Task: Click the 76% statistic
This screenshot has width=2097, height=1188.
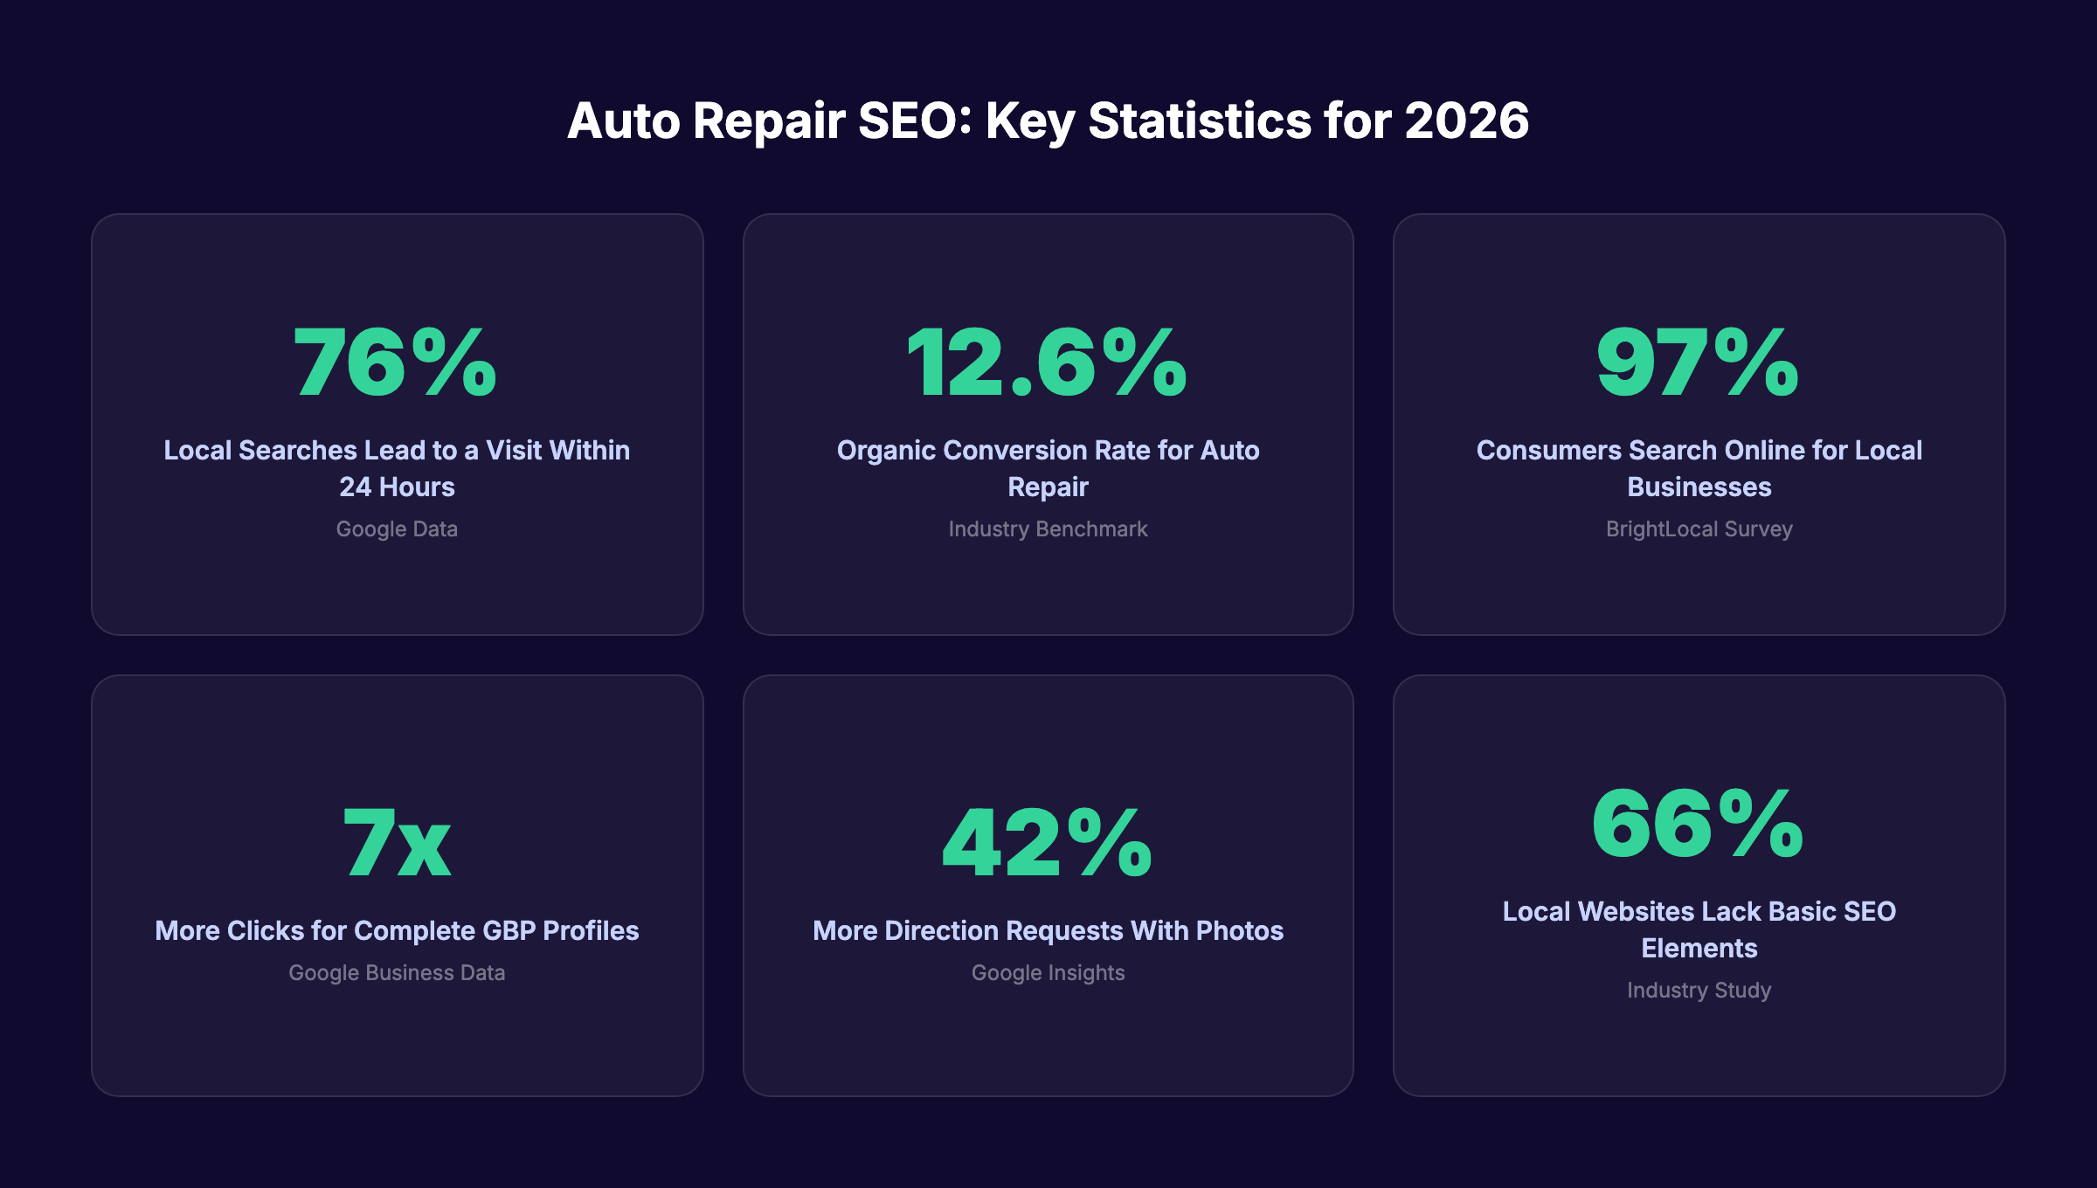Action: (x=396, y=363)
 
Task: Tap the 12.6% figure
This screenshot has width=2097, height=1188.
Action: (x=1047, y=363)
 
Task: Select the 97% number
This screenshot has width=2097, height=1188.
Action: (x=1698, y=363)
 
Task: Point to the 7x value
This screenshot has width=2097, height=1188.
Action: (x=397, y=843)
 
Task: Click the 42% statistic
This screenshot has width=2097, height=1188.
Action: (x=1047, y=843)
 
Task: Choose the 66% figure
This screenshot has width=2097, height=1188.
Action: (x=1698, y=824)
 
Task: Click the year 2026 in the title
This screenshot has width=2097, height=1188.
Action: (x=1466, y=121)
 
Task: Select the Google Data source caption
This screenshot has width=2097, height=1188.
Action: (x=397, y=529)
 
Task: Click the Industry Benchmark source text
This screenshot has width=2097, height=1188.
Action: (x=1048, y=529)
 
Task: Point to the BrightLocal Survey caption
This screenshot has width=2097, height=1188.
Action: (x=1699, y=529)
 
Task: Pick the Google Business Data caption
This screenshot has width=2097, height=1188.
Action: (x=397, y=973)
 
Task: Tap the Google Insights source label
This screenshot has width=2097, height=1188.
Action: (x=1048, y=973)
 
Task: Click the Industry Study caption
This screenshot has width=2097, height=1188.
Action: (x=1699, y=991)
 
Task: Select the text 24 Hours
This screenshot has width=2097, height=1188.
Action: (x=397, y=487)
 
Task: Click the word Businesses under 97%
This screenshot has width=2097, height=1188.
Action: (x=1699, y=487)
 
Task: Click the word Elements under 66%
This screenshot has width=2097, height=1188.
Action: (x=1699, y=949)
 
